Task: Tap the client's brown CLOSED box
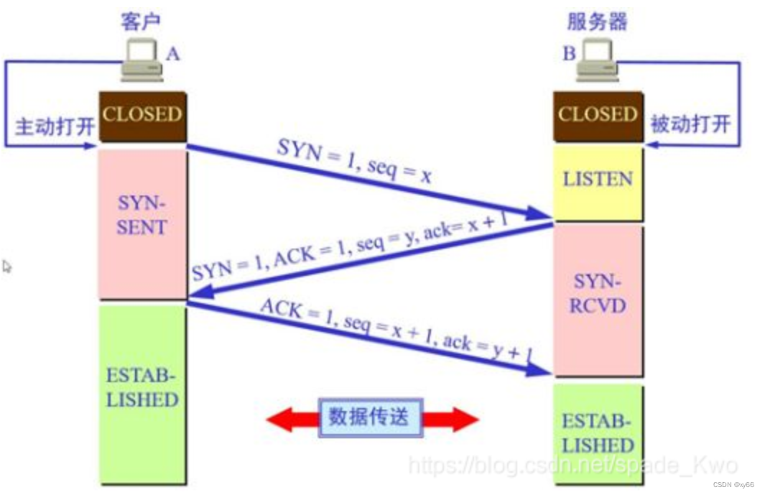point(142,115)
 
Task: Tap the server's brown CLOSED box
point(598,115)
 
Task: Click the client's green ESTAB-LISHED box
point(142,392)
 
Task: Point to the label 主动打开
point(55,127)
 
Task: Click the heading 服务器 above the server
point(597,21)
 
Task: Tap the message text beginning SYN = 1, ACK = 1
point(350,248)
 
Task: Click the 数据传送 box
point(370,417)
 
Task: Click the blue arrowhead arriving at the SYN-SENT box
point(201,292)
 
